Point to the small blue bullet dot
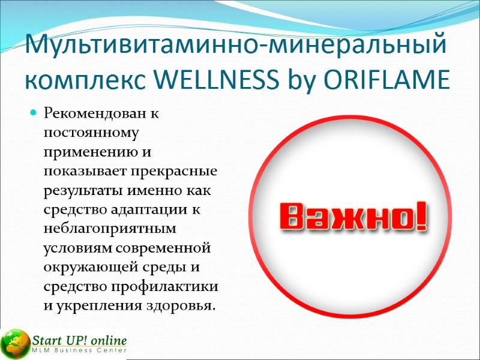[x=34, y=113]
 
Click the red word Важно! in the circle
[x=352, y=217]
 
